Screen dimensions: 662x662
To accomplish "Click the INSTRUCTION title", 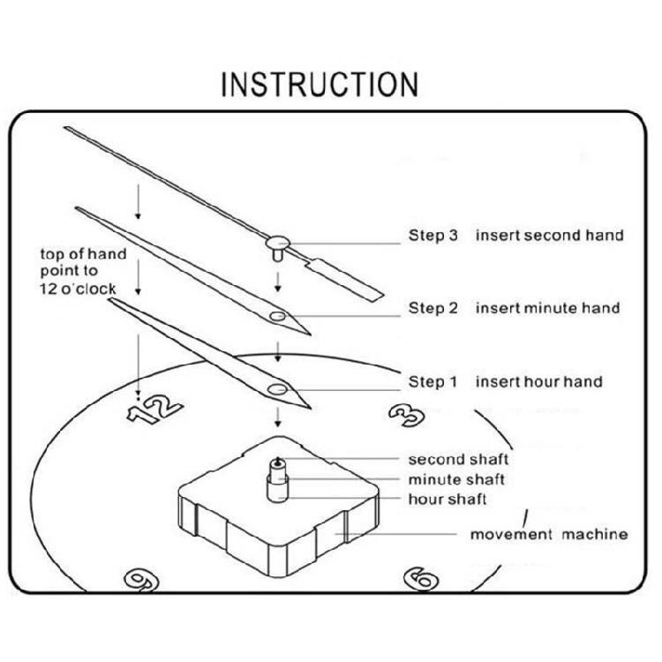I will click(x=319, y=85).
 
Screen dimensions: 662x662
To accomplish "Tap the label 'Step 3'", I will click(x=433, y=236).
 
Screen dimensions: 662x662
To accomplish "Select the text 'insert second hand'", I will click(x=549, y=236).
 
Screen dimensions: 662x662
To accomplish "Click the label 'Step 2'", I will click(x=433, y=308).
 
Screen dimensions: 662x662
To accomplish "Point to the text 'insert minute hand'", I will click(x=547, y=308).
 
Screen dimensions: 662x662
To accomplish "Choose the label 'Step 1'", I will click(x=433, y=382).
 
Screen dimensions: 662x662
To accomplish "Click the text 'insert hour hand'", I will click(x=538, y=382).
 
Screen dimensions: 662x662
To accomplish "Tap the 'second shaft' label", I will click(x=458, y=460).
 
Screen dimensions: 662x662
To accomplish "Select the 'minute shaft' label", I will click(x=456, y=479).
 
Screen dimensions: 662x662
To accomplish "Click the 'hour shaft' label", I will click(x=447, y=500).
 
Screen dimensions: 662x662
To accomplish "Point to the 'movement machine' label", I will click(x=548, y=534).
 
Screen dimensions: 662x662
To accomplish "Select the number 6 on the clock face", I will click(x=421, y=579).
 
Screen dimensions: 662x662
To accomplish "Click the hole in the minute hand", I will click(x=278, y=315).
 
